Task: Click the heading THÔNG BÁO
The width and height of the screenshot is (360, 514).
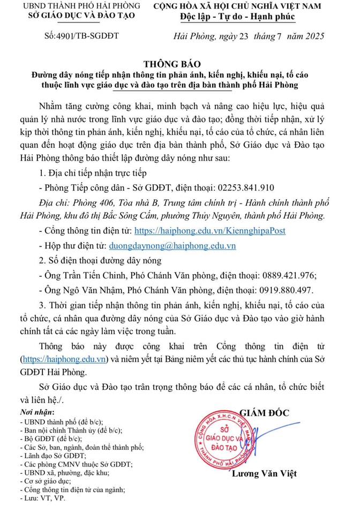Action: tap(179, 62)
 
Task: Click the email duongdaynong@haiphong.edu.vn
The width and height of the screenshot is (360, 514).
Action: tap(172, 246)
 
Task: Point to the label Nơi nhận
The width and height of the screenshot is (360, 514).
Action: tap(36, 412)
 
